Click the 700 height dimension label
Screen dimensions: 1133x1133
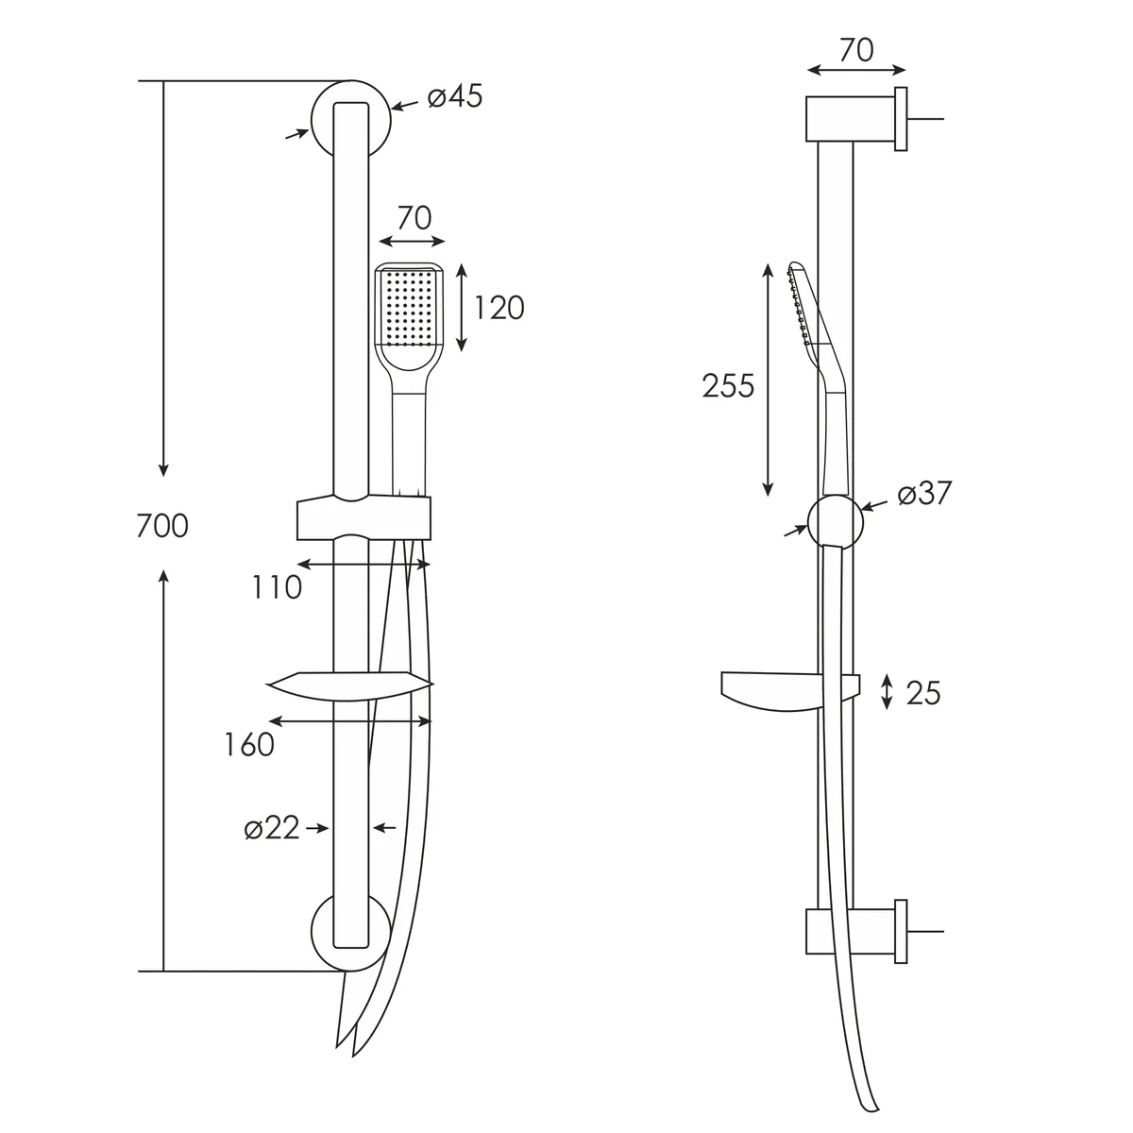click(162, 526)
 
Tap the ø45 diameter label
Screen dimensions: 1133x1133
click(455, 96)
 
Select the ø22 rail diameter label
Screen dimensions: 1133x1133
click(272, 828)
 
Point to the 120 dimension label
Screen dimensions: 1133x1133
click(499, 308)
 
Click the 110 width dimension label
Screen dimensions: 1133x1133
click(277, 586)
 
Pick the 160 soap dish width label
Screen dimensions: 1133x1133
click(249, 744)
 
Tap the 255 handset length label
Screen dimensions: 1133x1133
click(728, 386)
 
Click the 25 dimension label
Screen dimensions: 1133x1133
click(923, 693)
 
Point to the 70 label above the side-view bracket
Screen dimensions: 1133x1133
click(856, 50)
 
